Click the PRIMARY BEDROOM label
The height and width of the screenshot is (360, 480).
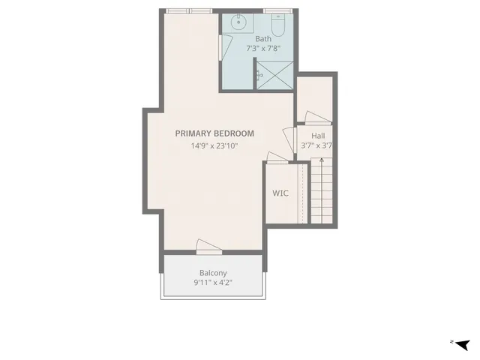click(214, 133)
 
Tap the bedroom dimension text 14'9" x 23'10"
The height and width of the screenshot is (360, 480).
click(214, 146)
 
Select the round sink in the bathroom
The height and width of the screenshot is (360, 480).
click(239, 23)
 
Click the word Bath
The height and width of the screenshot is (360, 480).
click(263, 39)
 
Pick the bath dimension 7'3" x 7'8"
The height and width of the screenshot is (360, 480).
click(263, 49)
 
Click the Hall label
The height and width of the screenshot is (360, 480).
click(318, 136)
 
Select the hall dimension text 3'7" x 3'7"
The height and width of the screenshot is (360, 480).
click(316, 146)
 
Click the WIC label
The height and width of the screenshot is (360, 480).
click(280, 193)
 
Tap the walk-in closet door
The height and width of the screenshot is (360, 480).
click(276, 157)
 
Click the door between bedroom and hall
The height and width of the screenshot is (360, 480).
click(287, 139)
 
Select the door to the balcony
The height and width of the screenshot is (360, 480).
click(208, 246)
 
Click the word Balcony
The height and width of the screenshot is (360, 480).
click(213, 273)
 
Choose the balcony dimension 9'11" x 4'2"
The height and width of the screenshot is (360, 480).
click(213, 283)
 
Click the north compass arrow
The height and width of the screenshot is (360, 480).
click(462, 344)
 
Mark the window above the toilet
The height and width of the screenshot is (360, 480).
click(276, 11)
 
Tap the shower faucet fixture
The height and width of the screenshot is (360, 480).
click(259, 75)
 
